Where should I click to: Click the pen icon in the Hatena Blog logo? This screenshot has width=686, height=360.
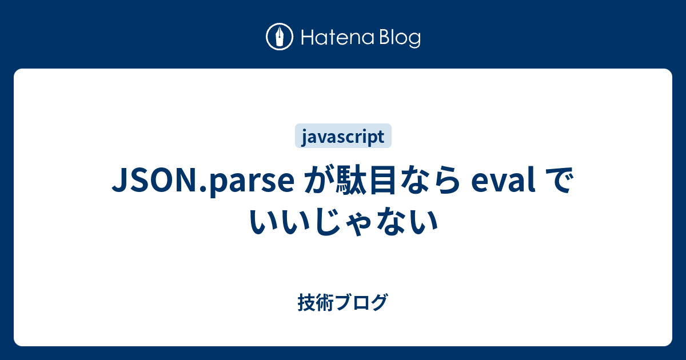(x=280, y=37)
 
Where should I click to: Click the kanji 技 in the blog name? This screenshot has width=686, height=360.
(x=306, y=302)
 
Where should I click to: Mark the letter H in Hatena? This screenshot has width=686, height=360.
(x=307, y=38)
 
